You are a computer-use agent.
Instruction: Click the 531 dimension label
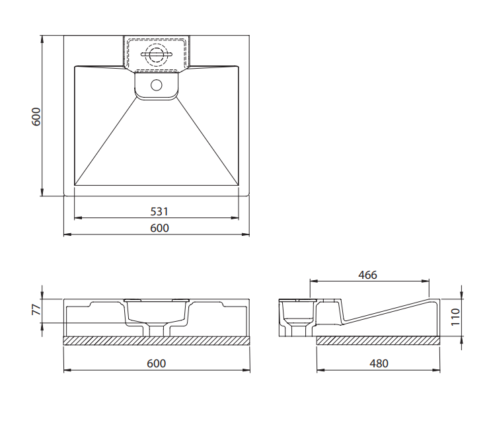159,211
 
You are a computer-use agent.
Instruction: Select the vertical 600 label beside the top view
36,116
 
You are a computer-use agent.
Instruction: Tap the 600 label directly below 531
159,228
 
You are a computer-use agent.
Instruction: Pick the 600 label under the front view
156,363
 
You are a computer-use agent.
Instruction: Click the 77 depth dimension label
36,310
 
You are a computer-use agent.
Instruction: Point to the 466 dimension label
367,275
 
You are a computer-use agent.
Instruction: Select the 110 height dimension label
455,317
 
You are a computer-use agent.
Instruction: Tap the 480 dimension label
379,363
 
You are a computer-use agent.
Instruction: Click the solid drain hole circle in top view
156,85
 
